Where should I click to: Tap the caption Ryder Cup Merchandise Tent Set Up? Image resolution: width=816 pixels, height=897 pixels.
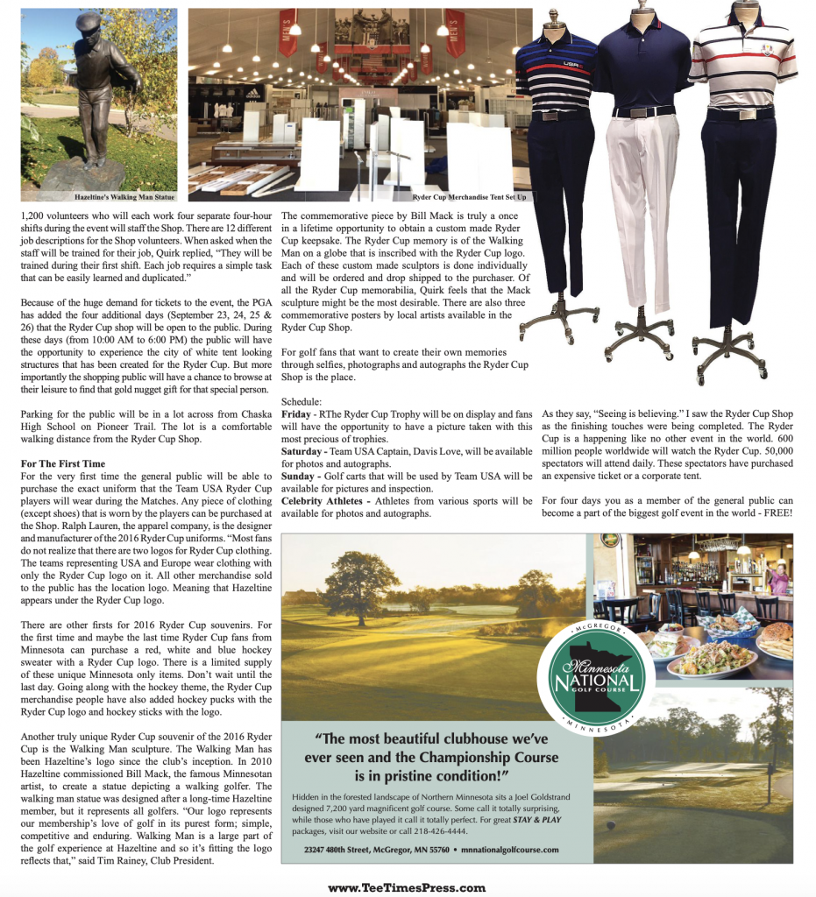pos(469,198)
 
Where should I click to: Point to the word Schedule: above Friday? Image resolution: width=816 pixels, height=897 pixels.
pos(302,401)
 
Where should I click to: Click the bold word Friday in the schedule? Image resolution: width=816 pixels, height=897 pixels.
pos(296,413)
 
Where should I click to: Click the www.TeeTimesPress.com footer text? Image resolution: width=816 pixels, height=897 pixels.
pos(407,886)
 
